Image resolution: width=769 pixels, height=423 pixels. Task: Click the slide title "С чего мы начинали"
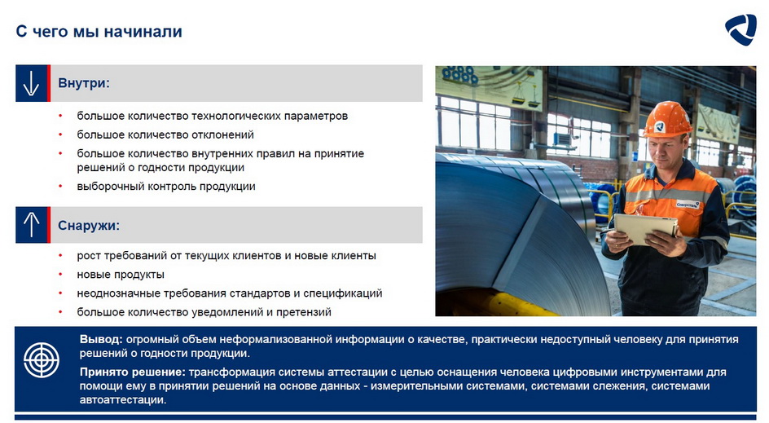99,32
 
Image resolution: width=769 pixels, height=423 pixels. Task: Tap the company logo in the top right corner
740,29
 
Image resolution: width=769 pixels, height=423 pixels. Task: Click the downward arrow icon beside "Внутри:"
31,83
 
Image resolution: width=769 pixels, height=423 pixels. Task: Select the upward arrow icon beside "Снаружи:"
31,225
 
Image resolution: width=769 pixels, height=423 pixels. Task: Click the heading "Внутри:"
84,83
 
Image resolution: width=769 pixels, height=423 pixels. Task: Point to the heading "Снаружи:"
89,226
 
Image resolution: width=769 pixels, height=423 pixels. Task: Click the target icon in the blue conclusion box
42,360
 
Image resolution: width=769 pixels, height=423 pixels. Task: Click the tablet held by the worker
645,229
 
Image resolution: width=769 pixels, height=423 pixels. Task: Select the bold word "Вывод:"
101,339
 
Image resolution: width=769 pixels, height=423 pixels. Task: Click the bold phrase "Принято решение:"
133,372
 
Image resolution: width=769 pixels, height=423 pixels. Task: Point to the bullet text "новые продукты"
121,275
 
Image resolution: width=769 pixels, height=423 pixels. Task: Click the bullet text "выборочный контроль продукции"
166,187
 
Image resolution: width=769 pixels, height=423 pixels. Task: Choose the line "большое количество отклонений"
165,134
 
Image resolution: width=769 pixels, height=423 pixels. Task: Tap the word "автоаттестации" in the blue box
122,400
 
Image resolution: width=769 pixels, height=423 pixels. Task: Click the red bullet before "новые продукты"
61,275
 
